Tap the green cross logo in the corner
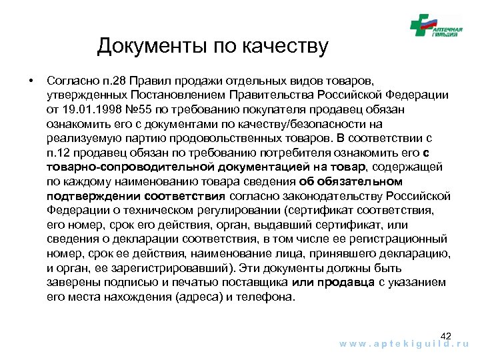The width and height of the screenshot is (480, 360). (421, 27)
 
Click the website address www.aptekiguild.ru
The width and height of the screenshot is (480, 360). (405, 345)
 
